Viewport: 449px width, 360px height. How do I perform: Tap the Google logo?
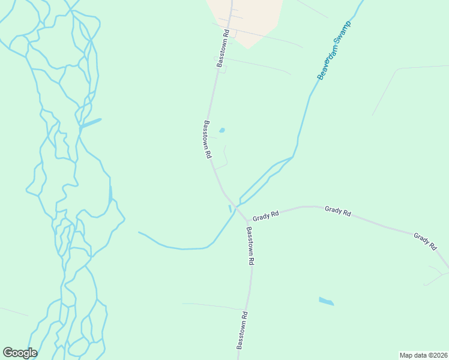pyautogui.click(x=20, y=353)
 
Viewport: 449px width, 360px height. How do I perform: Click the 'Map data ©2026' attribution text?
pyautogui.click(x=423, y=355)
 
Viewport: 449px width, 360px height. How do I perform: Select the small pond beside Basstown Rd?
pyautogui.click(x=222, y=130)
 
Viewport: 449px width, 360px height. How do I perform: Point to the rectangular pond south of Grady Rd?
pyautogui.click(x=326, y=301)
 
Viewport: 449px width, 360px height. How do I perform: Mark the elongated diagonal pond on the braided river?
pyautogui.click(x=91, y=123)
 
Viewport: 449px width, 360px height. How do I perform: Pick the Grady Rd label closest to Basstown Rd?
pyautogui.click(x=266, y=214)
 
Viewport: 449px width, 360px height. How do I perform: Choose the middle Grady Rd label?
pyautogui.click(x=337, y=211)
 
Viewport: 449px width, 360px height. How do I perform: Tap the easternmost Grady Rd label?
pyautogui.click(x=424, y=241)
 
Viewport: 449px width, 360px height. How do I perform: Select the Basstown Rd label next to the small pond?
pyautogui.click(x=207, y=139)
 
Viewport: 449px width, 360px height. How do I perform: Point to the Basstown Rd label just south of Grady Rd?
pyautogui.click(x=250, y=245)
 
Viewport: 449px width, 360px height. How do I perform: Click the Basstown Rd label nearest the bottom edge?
pyautogui.click(x=242, y=330)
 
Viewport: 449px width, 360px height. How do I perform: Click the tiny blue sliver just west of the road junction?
pyautogui.click(x=229, y=208)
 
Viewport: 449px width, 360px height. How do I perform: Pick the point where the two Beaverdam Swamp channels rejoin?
pyautogui.click(x=292, y=157)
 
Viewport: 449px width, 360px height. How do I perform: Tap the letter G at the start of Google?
pyautogui.click(x=8, y=353)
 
